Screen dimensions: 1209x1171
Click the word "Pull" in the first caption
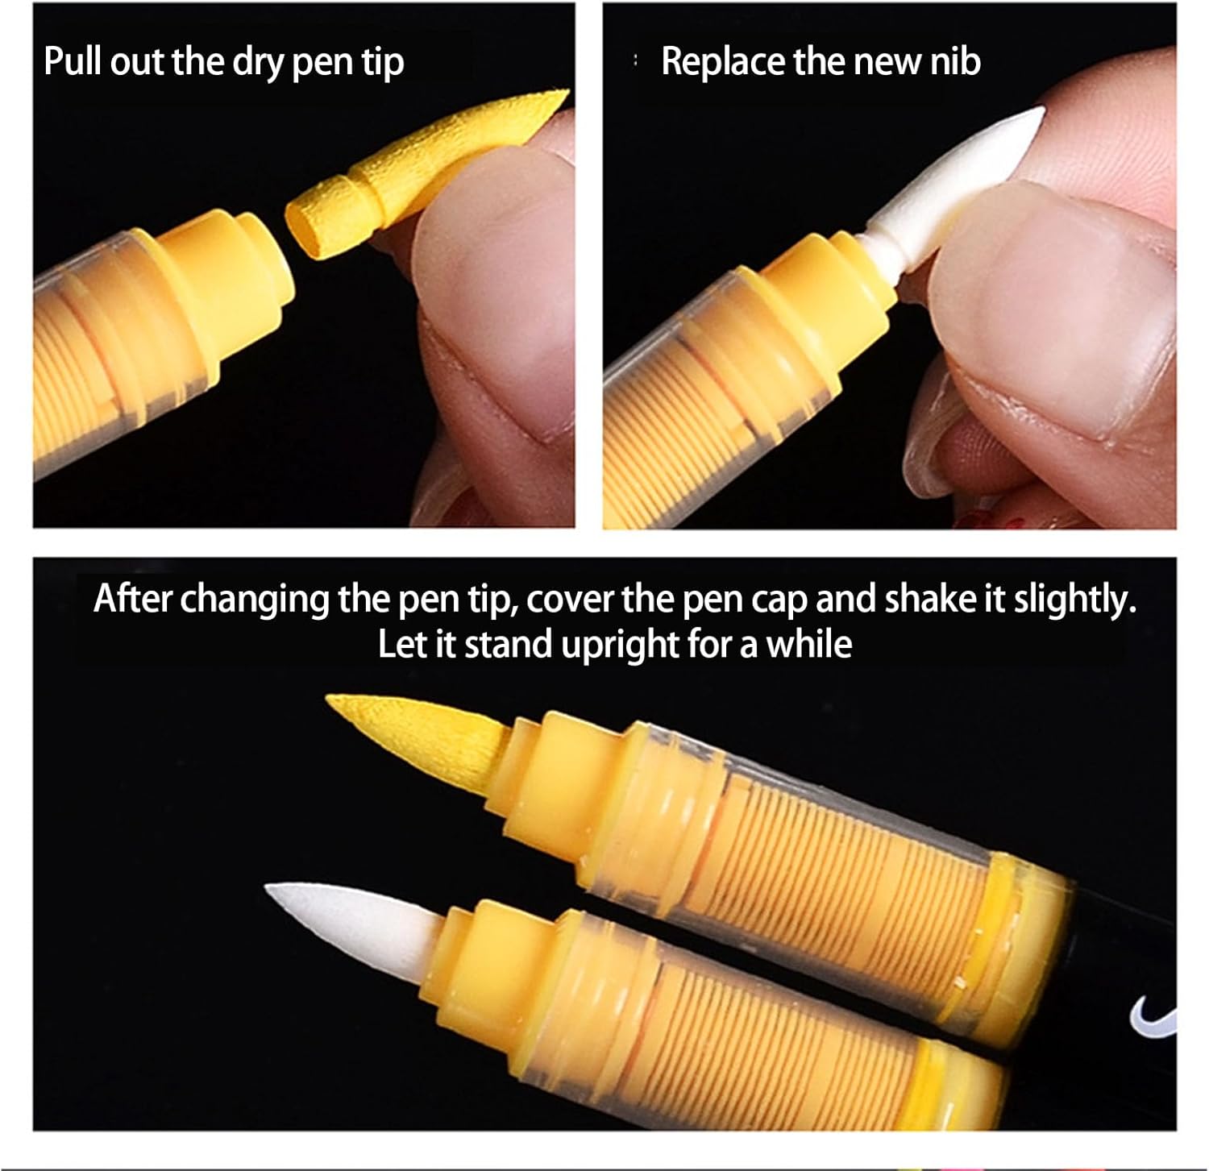click(x=73, y=61)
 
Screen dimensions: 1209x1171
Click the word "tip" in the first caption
click(x=382, y=63)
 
